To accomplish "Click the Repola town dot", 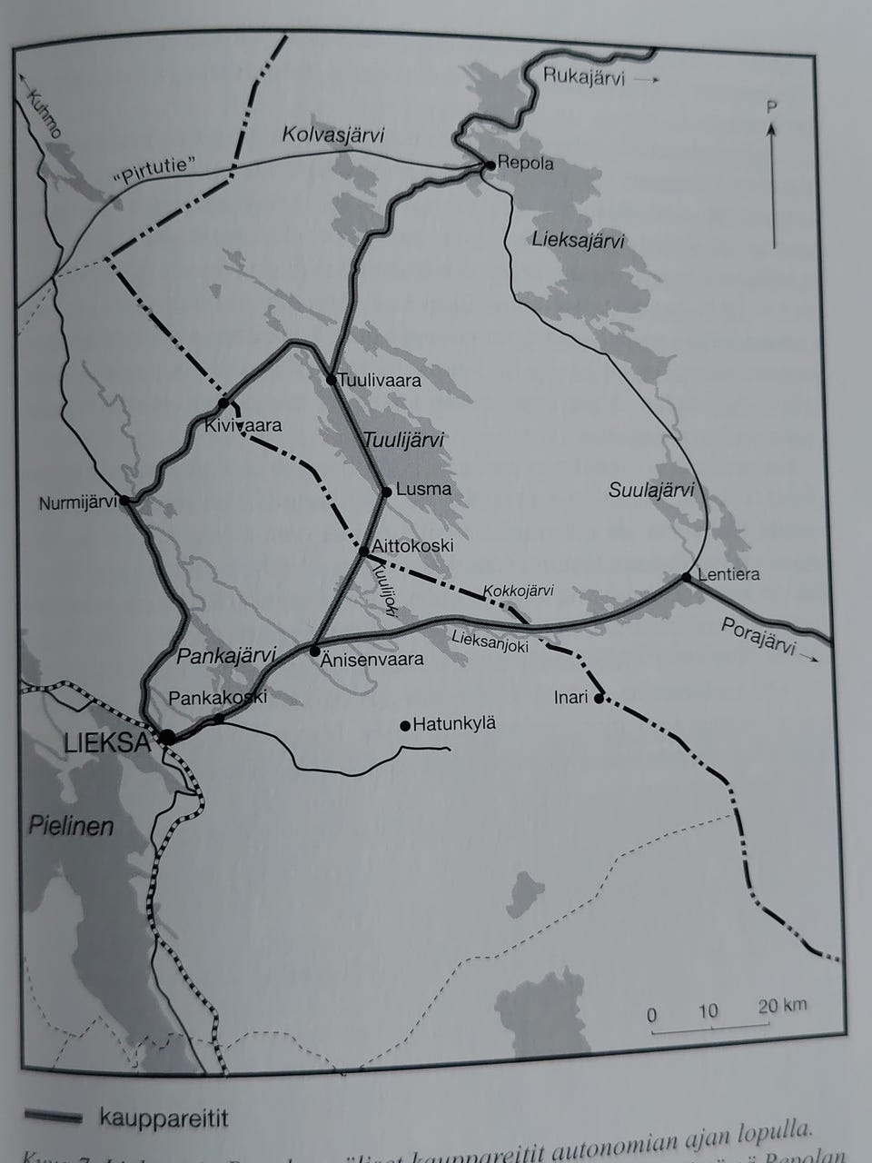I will tap(490, 165).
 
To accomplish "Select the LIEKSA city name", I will tap(106, 743).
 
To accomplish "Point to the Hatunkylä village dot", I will tap(405, 725).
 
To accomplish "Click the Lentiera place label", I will tap(728, 574).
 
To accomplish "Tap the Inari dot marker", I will tap(599, 699).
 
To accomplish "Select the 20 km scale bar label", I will tap(782, 1006).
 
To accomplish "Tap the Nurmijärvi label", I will tap(77, 502).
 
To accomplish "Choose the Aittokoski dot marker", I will tap(364, 551).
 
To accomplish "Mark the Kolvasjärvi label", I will tap(332, 136).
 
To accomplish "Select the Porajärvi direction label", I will tap(758, 636).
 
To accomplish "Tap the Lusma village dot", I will tap(386, 492).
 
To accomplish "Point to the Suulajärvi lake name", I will tap(650, 491).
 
